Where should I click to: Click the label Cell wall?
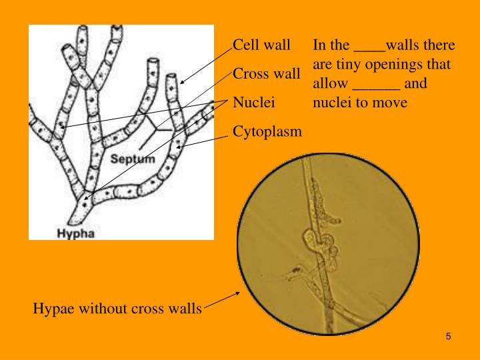[x=261, y=45]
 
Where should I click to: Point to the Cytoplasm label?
[x=267, y=131]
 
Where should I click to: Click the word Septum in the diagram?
[x=132, y=159]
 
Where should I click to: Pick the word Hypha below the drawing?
[x=75, y=233]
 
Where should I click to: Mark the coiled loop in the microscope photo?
[x=313, y=238]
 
